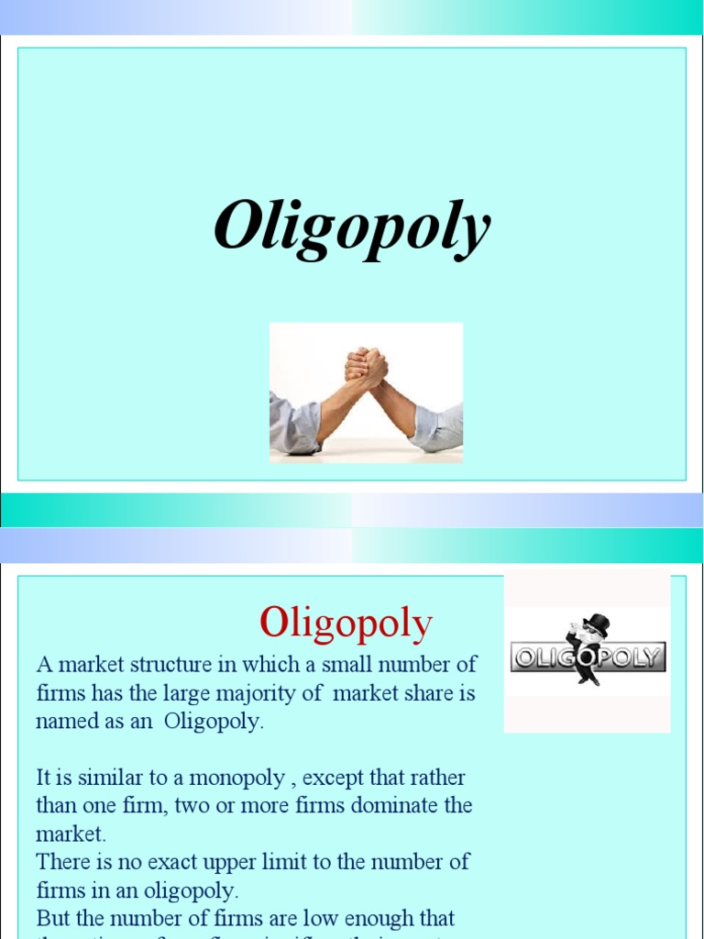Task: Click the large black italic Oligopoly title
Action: click(352, 227)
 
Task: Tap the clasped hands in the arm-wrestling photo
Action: click(366, 367)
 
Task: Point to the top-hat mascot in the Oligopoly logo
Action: click(587, 647)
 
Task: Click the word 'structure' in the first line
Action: click(150, 664)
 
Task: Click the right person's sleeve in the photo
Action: click(438, 427)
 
